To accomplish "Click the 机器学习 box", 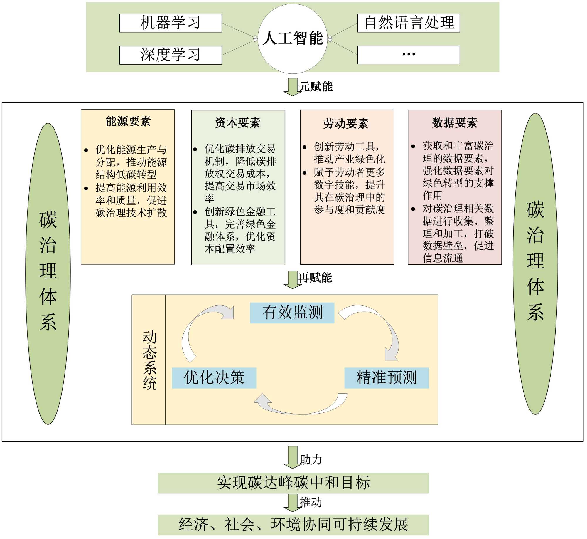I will pyautogui.click(x=171, y=23).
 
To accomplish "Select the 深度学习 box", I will pyautogui.click(x=171, y=55).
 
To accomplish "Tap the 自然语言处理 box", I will pyautogui.click(x=408, y=23).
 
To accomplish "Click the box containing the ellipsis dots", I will pyautogui.click(x=408, y=55).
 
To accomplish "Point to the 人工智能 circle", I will pyautogui.click(x=293, y=38).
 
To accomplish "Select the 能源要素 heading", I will pyautogui.click(x=128, y=121).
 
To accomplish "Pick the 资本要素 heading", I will pyautogui.click(x=238, y=123).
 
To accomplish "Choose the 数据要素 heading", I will pyautogui.click(x=455, y=123).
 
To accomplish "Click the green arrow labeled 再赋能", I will pyautogui.click(x=292, y=279).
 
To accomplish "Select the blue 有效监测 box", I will pyautogui.click(x=292, y=313).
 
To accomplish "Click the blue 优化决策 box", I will pyautogui.click(x=214, y=378).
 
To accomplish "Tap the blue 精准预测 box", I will pyautogui.click(x=387, y=378).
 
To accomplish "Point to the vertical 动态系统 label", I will pyautogui.click(x=149, y=360).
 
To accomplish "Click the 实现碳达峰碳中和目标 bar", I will pyautogui.click(x=293, y=483).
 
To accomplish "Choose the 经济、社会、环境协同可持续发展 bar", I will pyautogui.click(x=293, y=525).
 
